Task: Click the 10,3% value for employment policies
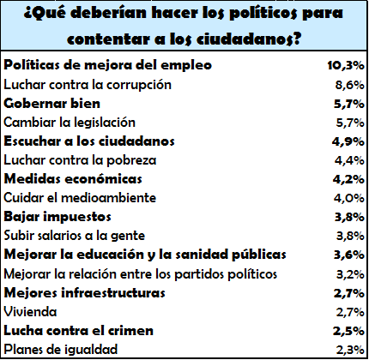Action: (x=346, y=66)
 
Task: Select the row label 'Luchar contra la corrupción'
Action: (x=88, y=85)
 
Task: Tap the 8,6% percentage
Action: (x=349, y=85)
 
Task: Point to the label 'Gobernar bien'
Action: (x=52, y=104)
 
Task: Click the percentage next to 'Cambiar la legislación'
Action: (x=350, y=123)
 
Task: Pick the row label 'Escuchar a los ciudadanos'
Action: (x=89, y=141)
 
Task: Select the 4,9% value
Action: (x=348, y=141)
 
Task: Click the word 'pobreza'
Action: (x=131, y=160)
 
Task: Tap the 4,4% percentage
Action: (x=349, y=160)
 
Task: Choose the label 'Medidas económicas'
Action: (x=73, y=179)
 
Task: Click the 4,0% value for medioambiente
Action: (x=349, y=198)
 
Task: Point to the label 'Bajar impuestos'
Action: (x=57, y=217)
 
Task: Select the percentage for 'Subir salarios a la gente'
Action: (x=350, y=236)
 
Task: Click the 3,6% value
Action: (x=349, y=255)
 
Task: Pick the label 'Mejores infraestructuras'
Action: (x=85, y=293)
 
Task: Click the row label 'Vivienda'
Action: (x=30, y=312)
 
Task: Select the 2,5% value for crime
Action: (x=348, y=331)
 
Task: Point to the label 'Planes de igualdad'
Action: (x=61, y=350)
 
